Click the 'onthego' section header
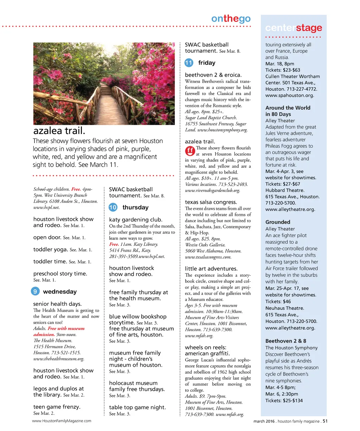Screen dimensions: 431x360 point(231,19)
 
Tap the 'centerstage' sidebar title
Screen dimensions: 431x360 point(294,28)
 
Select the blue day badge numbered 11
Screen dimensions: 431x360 point(189,63)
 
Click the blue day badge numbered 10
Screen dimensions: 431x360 point(113,207)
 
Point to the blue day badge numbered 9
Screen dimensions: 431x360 point(35,291)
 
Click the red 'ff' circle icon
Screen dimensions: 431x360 point(190,151)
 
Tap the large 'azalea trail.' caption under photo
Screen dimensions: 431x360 point(59,131)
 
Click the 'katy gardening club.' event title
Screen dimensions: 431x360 point(136,220)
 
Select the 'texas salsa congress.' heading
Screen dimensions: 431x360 point(211,202)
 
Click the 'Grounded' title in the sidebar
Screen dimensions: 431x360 point(278,222)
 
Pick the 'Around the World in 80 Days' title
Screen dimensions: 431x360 point(288,111)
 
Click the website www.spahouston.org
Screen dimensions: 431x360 point(290,95)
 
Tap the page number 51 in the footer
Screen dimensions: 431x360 point(325,421)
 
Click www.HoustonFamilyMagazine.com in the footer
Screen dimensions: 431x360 point(62,421)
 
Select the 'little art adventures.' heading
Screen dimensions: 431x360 point(211,269)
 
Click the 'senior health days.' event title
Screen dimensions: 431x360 point(57,304)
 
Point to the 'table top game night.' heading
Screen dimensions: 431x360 point(137,407)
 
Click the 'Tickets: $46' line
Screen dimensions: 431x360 point(278,302)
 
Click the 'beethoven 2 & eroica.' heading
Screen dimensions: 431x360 point(213,75)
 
